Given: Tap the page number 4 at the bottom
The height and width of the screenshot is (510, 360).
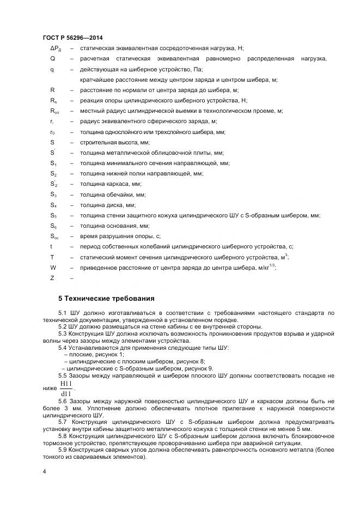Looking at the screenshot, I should pyautogui.click(x=44, y=470).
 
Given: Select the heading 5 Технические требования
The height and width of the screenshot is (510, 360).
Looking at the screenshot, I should pyautogui.click(x=106, y=298).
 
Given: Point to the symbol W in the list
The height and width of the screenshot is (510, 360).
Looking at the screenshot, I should pyautogui.click(x=53, y=268).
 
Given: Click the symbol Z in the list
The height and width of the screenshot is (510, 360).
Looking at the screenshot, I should pyautogui.click(x=52, y=278).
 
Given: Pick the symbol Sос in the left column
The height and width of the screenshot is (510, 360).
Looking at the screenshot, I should pyautogui.click(x=54, y=236).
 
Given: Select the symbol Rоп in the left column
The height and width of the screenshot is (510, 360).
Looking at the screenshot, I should pyautogui.click(x=54, y=111).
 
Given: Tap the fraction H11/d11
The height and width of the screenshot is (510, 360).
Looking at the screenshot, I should pyautogui.click(x=67, y=388).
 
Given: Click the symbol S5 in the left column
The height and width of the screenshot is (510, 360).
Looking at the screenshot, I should pyautogui.click(x=53, y=215).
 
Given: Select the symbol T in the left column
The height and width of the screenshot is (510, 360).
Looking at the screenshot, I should pyautogui.click(x=52, y=257).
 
